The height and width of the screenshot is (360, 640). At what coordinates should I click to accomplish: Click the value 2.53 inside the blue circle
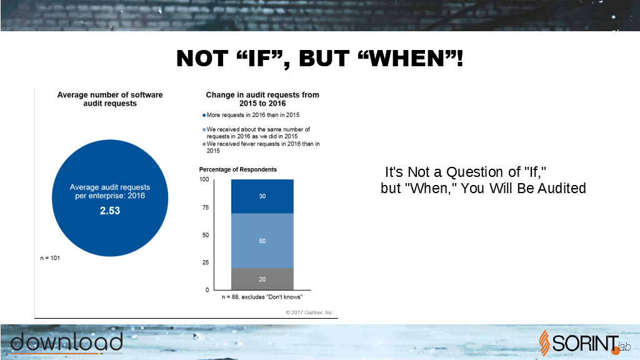click(110, 211)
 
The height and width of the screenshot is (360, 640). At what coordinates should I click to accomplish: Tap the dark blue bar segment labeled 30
click(262, 196)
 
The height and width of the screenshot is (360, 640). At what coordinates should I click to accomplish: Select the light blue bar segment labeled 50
click(262, 241)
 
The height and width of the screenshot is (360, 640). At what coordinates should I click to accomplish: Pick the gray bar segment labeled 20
click(262, 279)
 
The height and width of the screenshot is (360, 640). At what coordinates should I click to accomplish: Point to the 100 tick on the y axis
click(204, 179)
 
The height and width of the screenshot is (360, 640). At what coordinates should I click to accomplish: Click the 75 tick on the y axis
click(206, 207)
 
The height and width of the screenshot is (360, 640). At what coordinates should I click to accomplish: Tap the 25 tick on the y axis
click(206, 262)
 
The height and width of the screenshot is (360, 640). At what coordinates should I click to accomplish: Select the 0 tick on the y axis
click(207, 290)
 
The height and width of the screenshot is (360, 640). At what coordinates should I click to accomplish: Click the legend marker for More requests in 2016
click(204, 116)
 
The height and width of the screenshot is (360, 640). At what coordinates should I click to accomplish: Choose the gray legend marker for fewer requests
click(204, 144)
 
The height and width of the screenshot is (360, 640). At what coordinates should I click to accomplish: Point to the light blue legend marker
click(204, 130)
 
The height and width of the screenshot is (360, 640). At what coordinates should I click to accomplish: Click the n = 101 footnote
click(50, 258)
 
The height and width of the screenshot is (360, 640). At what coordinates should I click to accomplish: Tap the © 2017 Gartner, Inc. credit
click(309, 312)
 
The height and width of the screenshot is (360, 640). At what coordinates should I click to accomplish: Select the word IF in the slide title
click(259, 58)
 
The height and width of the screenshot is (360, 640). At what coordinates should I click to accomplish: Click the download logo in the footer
click(66, 342)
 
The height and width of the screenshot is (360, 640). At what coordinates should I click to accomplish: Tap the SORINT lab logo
click(584, 343)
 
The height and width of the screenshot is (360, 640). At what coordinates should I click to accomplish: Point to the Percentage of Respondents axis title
click(238, 169)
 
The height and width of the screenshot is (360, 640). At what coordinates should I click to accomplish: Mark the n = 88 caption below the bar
click(262, 297)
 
